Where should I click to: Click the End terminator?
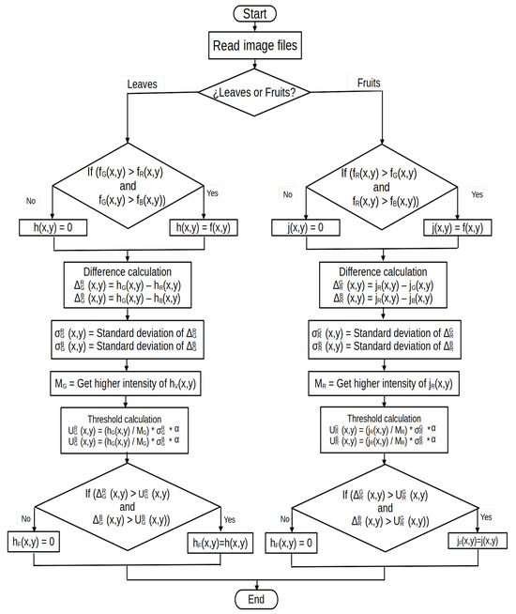256,599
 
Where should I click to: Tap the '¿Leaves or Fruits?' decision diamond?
256,92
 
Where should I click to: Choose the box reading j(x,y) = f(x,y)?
459,226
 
